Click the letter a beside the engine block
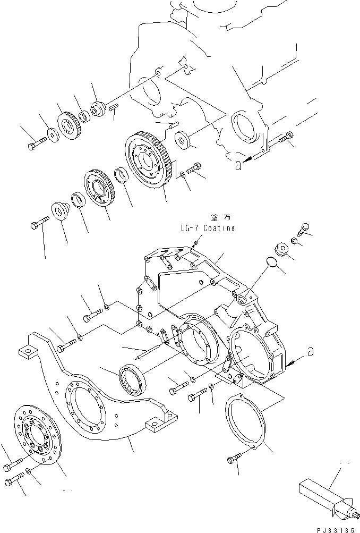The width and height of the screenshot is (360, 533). click(239, 166)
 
